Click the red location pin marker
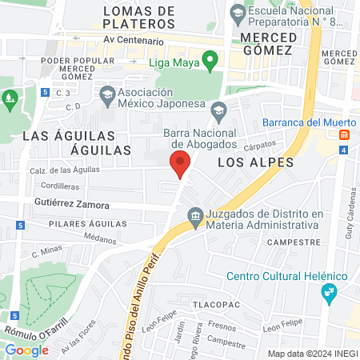[x=180, y=163]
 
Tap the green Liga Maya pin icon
[x=210, y=59]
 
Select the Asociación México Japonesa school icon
[x=106, y=95]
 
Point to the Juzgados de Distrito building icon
[x=194, y=216]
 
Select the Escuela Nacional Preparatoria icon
[x=238, y=13]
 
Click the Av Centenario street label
[x=134, y=41]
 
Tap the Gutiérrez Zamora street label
[x=71, y=205]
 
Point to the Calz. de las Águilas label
[x=65, y=169]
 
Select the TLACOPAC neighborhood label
[x=215, y=305]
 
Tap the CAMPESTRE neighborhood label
[x=288, y=241]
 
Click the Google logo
[x=26, y=350]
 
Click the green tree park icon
[x=10, y=100]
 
